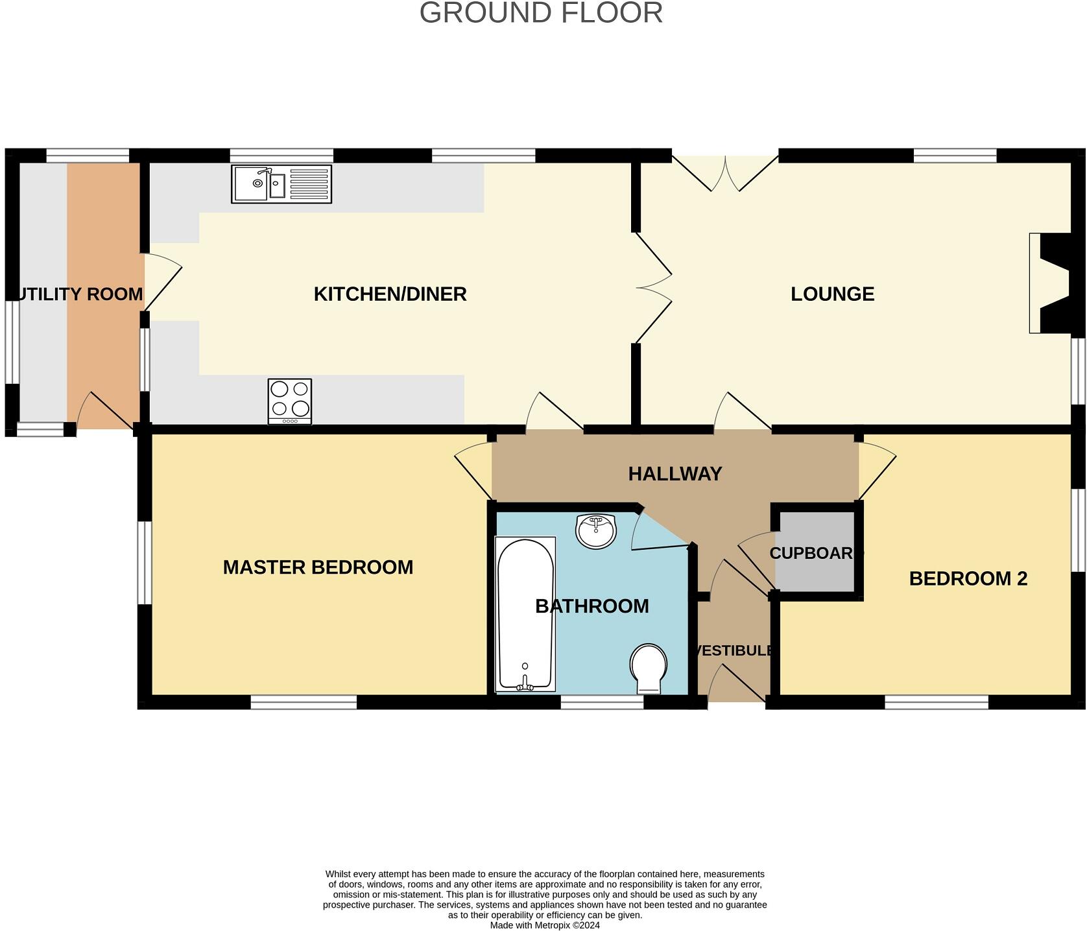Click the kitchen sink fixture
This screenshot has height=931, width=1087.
(281, 184)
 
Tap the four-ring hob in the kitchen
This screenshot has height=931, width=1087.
(289, 401)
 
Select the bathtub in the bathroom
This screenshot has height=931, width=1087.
(525, 614)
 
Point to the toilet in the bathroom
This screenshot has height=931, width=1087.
(648, 668)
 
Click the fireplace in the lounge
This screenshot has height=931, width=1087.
(1049, 283)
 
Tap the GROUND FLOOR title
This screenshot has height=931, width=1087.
(541, 13)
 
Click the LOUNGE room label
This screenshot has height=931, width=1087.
(832, 294)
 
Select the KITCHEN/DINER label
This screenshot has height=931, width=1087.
(390, 294)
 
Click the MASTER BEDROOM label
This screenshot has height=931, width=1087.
(318, 567)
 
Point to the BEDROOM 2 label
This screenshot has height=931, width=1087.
(968, 578)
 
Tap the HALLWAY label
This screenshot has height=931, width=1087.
(675, 474)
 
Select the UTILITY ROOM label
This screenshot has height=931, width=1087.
(78, 294)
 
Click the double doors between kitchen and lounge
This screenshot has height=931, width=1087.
(654, 287)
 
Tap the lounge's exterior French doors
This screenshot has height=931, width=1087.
(725, 172)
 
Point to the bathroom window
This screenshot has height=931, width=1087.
(601, 702)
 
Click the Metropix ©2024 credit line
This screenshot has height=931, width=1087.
(544, 925)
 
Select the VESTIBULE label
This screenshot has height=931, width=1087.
(733, 650)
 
